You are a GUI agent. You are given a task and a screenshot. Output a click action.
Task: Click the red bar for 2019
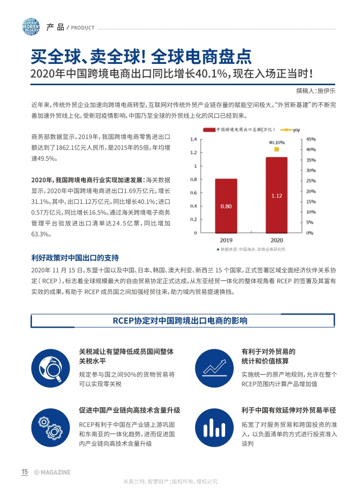(x=226, y=206)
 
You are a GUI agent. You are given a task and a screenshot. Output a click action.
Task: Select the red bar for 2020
(x=276, y=195)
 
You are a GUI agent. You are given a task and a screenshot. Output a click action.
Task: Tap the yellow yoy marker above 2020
(x=276, y=149)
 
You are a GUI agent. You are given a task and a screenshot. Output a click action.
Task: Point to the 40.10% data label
(x=276, y=143)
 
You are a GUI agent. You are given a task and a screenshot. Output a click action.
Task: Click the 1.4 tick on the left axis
(x=193, y=139)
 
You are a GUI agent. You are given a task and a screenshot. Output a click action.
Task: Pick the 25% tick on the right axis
(x=311, y=181)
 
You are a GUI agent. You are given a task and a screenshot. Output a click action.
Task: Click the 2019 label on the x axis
(x=226, y=240)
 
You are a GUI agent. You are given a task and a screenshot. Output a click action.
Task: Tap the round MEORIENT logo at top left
(x=31, y=27)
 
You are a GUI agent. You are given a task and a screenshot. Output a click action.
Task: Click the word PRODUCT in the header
(x=83, y=27)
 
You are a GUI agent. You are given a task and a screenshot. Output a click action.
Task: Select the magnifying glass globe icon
(x=51, y=368)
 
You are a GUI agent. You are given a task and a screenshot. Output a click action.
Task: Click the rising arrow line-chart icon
(x=214, y=368)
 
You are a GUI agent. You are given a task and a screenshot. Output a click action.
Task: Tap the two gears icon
(x=51, y=427)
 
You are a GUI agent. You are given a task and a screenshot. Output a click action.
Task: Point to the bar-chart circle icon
(x=214, y=427)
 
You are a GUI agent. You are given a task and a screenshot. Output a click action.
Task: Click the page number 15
(x=25, y=472)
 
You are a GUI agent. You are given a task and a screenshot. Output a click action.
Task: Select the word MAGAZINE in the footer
(x=56, y=472)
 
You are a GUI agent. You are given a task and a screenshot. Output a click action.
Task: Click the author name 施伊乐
(x=327, y=91)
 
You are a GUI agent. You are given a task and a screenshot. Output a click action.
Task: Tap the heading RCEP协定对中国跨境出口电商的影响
(x=180, y=321)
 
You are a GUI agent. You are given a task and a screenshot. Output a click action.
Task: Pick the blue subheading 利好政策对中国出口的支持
(x=75, y=258)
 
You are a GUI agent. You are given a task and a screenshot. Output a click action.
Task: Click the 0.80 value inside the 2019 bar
(x=226, y=206)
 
